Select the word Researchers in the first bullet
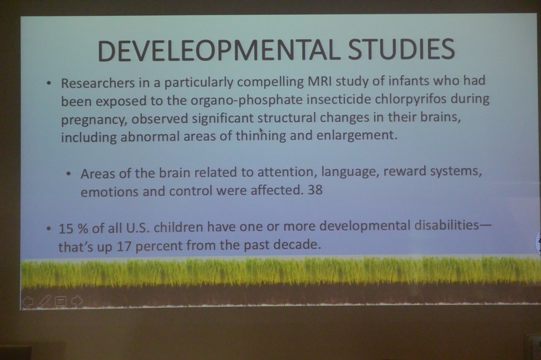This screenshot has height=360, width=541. click(98, 83)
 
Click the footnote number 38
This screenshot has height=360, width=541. click(315, 190)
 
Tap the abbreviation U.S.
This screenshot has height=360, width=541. click(138, 228)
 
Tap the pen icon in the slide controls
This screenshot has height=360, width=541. click(43, 301)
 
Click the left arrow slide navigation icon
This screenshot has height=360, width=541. click(27, 302)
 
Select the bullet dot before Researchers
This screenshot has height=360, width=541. click(49, 83)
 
